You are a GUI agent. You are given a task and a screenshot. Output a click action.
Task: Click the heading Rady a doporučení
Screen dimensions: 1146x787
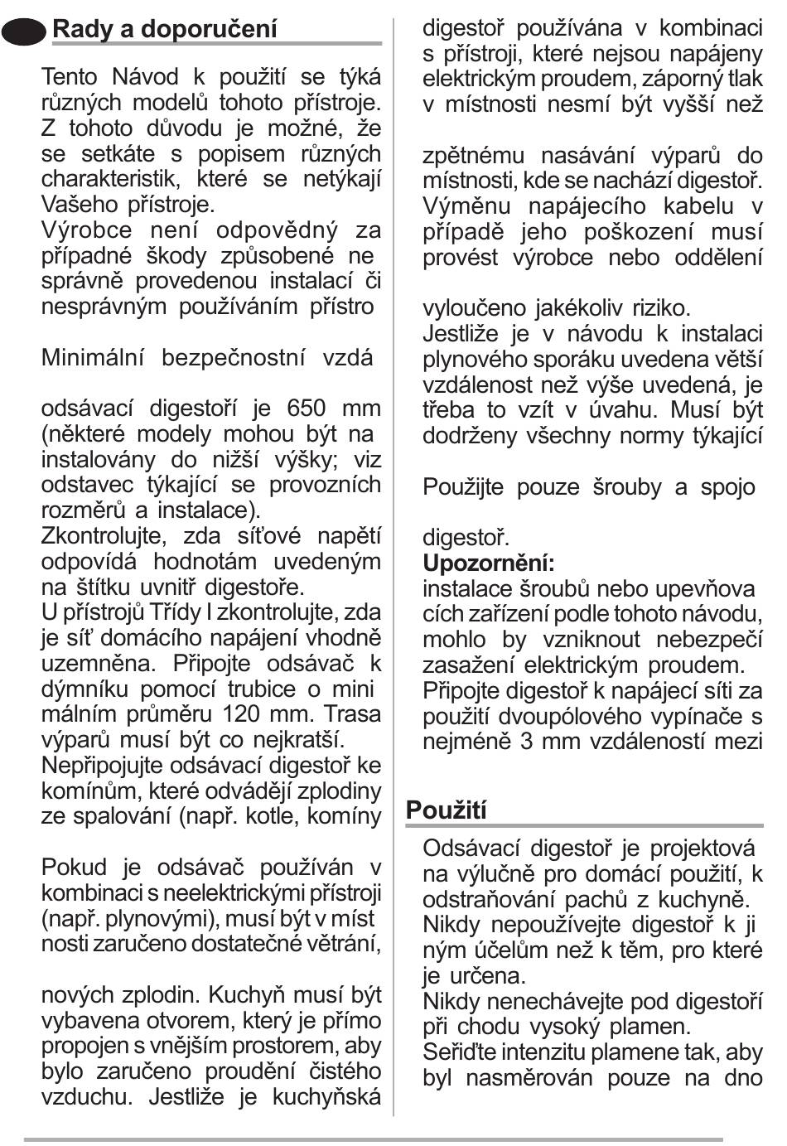(165, 29)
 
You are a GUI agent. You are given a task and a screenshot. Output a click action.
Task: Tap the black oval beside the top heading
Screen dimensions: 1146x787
(25, 31)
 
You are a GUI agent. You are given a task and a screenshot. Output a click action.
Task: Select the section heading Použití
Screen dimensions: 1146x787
(447, 810)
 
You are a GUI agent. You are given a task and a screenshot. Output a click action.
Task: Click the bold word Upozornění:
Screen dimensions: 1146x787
(489, 563)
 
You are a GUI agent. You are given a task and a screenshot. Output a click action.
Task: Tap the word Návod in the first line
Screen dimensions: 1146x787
(145, 77)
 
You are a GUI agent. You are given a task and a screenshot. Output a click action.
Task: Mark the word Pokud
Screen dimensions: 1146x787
(75, 868)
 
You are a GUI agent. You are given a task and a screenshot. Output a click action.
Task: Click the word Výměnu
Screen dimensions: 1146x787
(468, 206)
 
